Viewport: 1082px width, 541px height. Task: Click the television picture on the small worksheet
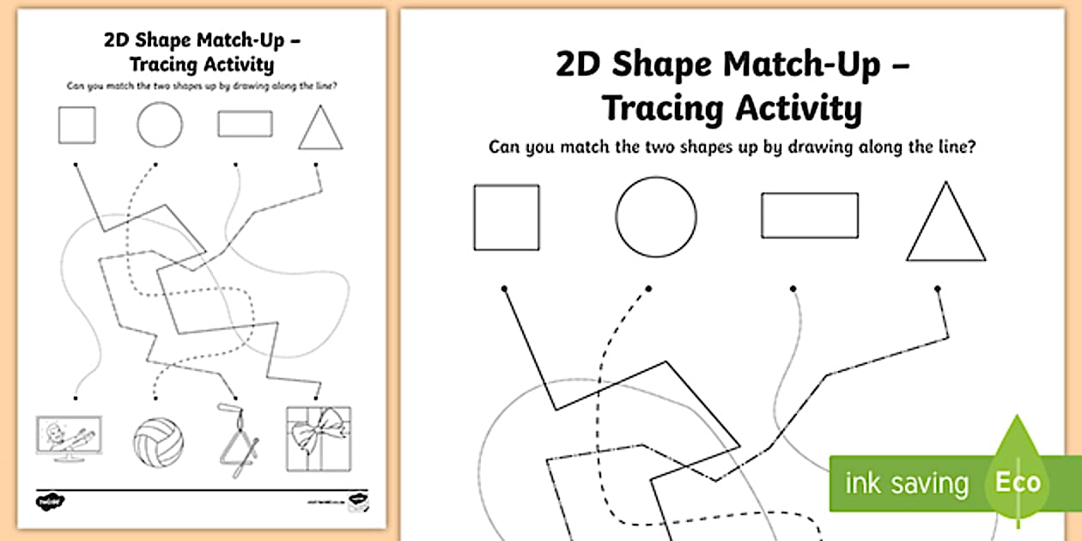[x=69, y=440]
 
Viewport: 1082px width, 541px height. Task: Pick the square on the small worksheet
[x=77, y=125]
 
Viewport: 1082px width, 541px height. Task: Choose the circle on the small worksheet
[x=159, y=125]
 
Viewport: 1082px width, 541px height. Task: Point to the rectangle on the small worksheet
[x=245, y=124]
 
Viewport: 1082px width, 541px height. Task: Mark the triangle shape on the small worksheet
[x=320, y=131]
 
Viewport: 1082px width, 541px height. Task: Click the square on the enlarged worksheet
[x=507, y=217]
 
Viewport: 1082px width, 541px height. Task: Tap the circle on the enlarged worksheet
[x=656, y=216]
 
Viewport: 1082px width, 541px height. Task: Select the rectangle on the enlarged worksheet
[x=809, y=216]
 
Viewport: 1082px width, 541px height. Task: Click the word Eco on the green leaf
[x=1018, y=482]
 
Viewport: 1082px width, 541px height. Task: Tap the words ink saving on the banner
[x=907, y=483]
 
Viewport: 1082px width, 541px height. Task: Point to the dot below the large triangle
[x=937, y=289]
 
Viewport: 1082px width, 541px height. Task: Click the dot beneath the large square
[x=504, y=288]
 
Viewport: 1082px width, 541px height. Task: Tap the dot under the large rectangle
[x=793, y=289]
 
